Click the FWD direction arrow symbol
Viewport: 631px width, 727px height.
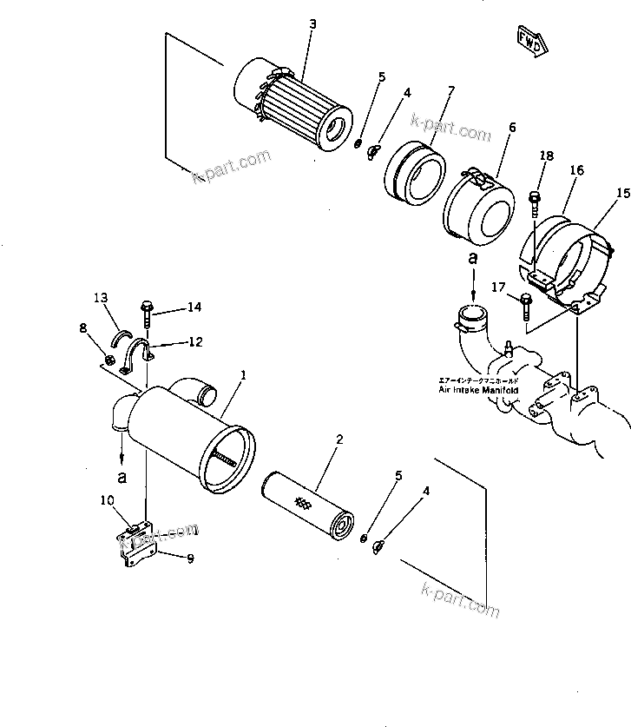tap(529, 40)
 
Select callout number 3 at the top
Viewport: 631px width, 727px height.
tap(313, 23)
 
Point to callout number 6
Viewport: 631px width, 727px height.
tap(512, 127)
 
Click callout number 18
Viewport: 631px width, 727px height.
tap(546, 156)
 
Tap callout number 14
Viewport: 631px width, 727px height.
tap(194, 307)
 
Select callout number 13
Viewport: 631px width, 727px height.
tap(101, 299)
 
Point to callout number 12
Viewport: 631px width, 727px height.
tap(195, 342)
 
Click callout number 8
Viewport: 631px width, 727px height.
tap(82, 328)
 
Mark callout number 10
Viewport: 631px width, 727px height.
tap(108, 499)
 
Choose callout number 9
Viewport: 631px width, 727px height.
tap(190, 558)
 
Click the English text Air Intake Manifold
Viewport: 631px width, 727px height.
tap(479, 391)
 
